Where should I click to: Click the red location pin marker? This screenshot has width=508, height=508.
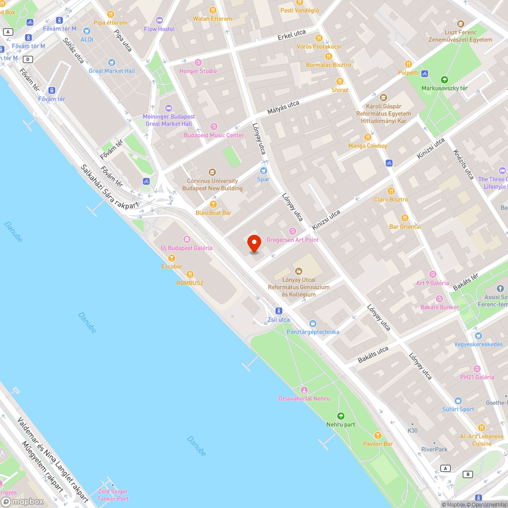click(x=254, y=243)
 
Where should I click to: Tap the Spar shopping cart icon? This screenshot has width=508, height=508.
click(x=263, y=171)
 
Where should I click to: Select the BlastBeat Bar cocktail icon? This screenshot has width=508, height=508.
click(x=213, y=204)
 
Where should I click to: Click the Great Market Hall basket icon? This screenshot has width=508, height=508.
click(x=112, y=62)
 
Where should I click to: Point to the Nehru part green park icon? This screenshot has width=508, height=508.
click(x=340, y=416)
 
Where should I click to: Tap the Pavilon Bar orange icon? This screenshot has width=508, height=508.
click(x=377, y=435)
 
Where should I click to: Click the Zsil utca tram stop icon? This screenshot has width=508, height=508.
click(x=278, y=311)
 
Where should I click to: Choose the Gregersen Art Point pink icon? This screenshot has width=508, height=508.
click(x=293, y=231)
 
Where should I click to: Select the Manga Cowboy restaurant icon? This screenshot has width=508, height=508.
click(x=368, y=137)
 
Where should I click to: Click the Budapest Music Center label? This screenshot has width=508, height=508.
click(x=214, y=135)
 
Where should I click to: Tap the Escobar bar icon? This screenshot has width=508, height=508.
click(x=172, y=258)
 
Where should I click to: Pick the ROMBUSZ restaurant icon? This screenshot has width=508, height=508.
click(x=190, y=274)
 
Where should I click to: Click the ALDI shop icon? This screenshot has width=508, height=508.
click(x=86, y=31)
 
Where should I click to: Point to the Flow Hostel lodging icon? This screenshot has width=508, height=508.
click(x=160, y=21)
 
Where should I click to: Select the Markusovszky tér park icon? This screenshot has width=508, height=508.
click(x=444, y=79)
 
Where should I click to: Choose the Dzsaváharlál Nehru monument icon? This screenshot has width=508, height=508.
click(x=304, y=390)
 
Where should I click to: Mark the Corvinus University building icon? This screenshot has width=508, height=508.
click(x=212, y=172)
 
